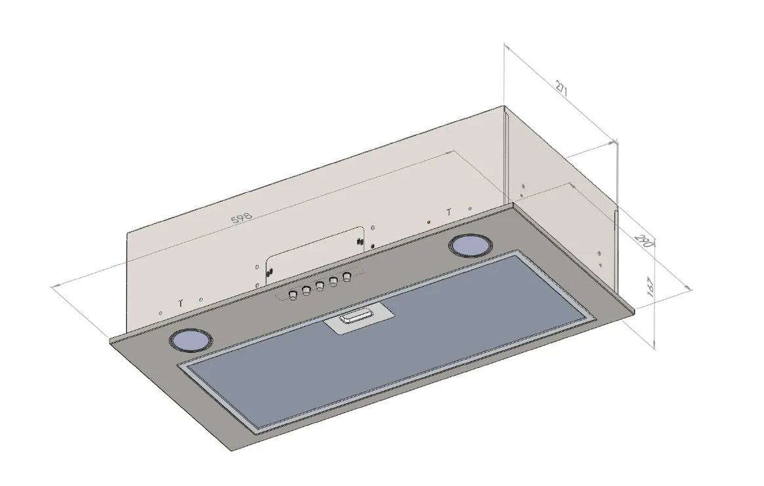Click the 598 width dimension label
point(241,218)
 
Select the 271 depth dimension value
point(561,89)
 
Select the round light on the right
point(469,245)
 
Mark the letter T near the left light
point(180,303)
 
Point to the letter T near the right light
point(449,212)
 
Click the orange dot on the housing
point(429,222)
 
